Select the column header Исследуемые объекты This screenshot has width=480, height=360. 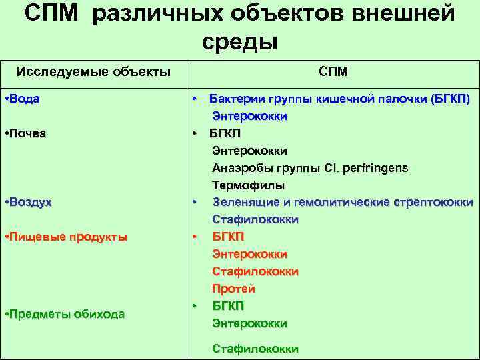tap(93, 71)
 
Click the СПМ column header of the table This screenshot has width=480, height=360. tap(333, 71)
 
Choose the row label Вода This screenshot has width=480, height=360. tap(23, 99)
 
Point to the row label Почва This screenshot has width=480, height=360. tap(26, 133)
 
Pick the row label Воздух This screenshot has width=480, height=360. tap(29, 202)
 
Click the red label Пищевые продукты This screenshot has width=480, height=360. tap(66, 237)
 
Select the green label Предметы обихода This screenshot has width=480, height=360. tap(65, 314)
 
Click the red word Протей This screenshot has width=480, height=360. tap(233, 289)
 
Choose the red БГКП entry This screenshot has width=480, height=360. tap(228, 237)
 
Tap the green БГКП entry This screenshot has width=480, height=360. tap(228, 306)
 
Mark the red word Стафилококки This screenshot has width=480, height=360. tap(255, 271)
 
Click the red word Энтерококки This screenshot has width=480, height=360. tap(249, 254)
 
